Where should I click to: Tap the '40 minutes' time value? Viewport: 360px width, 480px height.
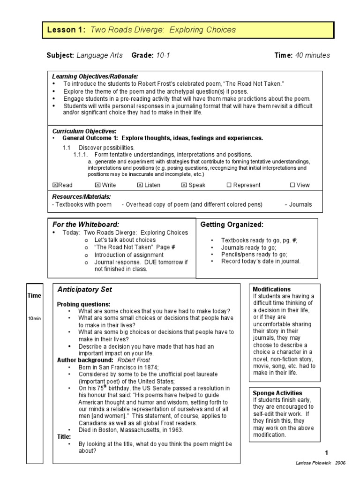(312, 55)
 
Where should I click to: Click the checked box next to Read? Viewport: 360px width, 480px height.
(54, 185)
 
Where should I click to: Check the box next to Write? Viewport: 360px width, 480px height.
(97, 185)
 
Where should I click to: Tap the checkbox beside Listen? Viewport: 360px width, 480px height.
(140, 185)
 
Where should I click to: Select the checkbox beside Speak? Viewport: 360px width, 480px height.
(184, 185)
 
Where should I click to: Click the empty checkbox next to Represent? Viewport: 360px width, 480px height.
(229, 185)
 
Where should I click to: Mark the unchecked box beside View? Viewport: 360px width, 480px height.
(292, 185)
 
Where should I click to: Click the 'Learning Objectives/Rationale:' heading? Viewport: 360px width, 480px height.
(95, 76)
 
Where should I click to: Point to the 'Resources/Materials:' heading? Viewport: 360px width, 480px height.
(81, 197)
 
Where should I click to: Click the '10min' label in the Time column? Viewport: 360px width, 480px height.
(34, 319)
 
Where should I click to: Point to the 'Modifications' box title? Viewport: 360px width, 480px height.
(271, 289)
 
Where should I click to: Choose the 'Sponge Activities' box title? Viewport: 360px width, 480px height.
(277, 393)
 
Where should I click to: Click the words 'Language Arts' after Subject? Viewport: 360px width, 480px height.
(99, 55)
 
